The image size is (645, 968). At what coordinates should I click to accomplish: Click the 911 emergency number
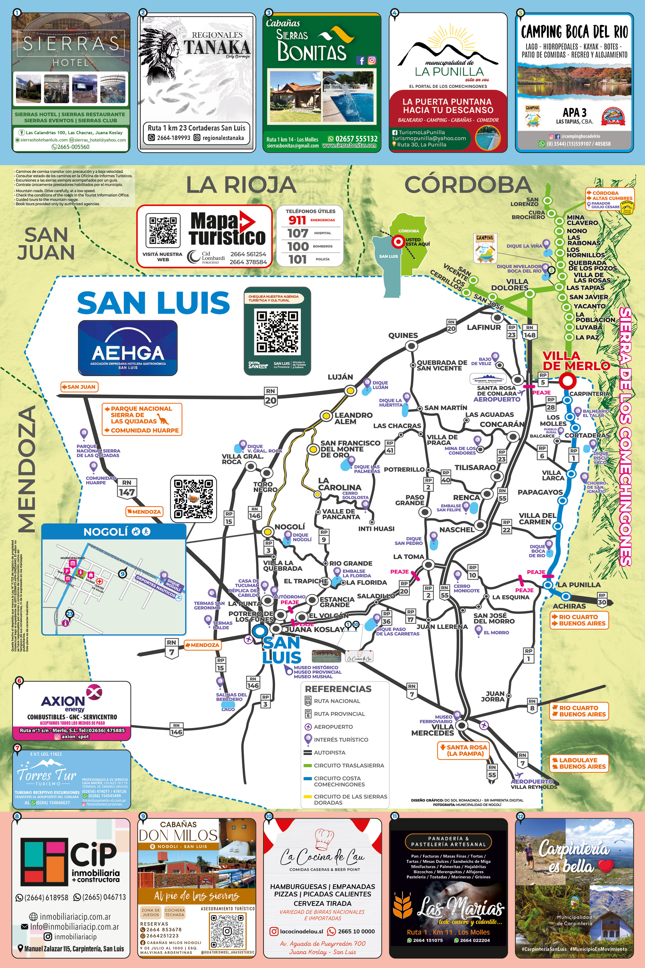297,220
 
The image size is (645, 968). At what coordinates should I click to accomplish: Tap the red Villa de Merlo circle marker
568,381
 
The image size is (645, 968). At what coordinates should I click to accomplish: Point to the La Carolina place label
339,484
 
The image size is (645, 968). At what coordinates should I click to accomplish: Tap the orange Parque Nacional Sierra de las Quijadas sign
142,418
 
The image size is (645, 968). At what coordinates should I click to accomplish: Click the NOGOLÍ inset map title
106,532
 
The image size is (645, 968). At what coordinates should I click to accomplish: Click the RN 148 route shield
530,332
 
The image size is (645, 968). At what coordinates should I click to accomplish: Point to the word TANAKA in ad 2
217,48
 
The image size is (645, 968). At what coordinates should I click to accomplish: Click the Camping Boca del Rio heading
574,32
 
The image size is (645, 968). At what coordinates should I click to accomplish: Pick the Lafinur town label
484,328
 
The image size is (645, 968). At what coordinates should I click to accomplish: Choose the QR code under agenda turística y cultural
277,332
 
